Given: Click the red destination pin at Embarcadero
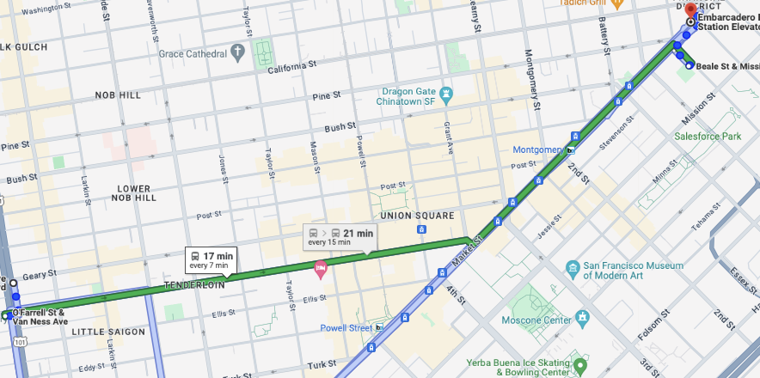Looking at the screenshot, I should (x=690, y=8).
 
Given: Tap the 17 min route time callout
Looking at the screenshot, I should (x=211, y=259).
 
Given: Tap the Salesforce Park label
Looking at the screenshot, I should (x=707, y=137).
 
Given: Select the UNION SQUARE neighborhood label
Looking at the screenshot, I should (x=416, y=215).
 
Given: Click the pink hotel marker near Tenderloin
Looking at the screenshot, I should (x=322, y=269).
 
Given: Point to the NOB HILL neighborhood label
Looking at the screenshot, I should (x=118, y=95).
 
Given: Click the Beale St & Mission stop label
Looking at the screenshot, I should (x=726, y=66).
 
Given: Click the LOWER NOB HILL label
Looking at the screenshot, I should (x=133, y=192).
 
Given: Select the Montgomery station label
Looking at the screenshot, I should (x=537, y=149).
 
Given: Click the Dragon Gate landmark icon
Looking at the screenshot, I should (x=446, y=92).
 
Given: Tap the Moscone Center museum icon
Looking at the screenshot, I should (x=584, y=319).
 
